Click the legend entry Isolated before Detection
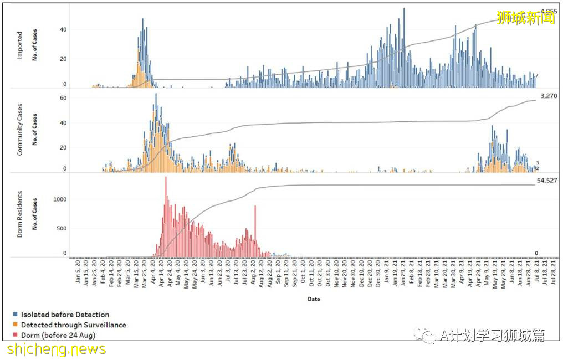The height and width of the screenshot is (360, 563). pos(62,315)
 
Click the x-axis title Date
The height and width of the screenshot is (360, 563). pos(314,299)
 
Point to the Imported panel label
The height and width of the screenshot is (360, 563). pos(20,46)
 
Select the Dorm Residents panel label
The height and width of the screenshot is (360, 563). pos(20,214)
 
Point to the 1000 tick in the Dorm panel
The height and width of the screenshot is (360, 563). pos(60,199)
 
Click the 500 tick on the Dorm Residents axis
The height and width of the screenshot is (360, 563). pos(62,228)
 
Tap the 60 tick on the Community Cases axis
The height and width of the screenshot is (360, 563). pos(63,98)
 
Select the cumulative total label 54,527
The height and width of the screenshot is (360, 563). pos(547,181)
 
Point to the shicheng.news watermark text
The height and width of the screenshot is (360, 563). pos(57,349)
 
